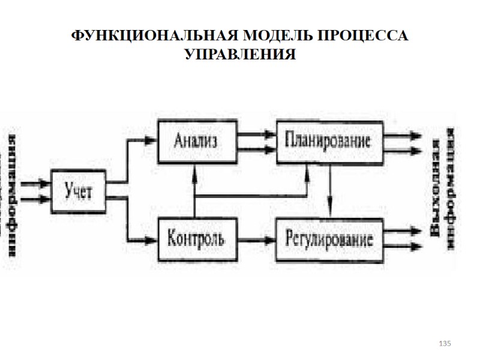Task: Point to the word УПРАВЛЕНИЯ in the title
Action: (x=240, y=55)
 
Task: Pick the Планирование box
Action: (x=329, y=142)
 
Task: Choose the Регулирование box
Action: (x=329, y=239)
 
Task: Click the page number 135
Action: (x=445, y=343)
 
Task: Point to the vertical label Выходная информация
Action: (x=445, y=192)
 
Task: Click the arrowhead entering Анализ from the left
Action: (x=151, y=140)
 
